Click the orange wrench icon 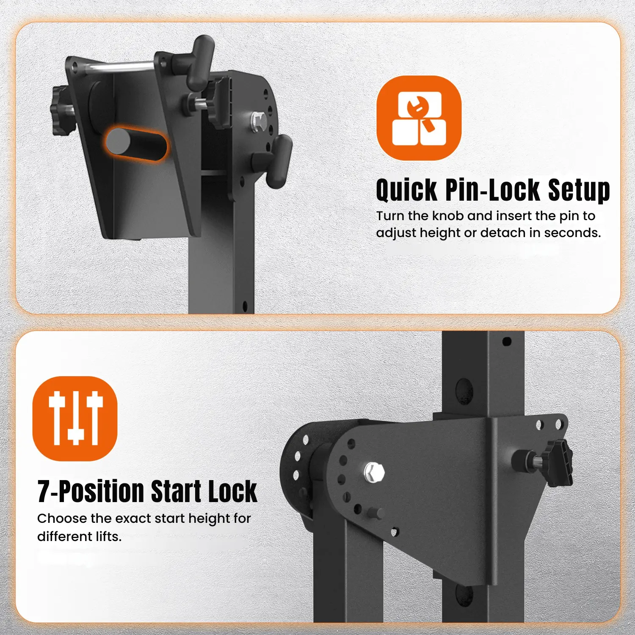[419, 118]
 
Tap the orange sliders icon [75, 418]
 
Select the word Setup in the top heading [579, 190]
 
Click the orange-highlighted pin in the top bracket [135, 143]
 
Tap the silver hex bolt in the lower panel [374, 472]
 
